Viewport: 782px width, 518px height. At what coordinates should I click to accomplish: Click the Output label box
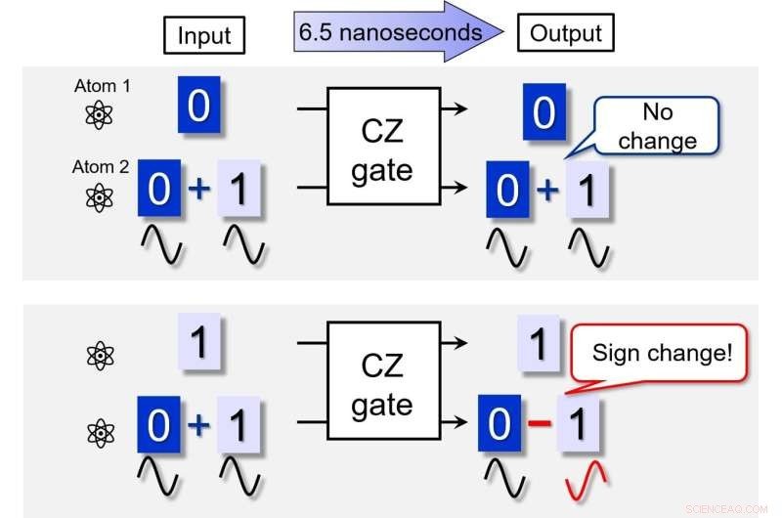(x=567, y=33)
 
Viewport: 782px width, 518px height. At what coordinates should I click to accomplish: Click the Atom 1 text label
(x=102, y=87)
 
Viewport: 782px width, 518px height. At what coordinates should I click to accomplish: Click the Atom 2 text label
(x=102, y=166)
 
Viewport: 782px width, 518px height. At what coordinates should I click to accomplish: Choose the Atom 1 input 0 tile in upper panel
(x=198, y=106)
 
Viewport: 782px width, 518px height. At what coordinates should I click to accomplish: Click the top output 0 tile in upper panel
(x=543, y=113)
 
